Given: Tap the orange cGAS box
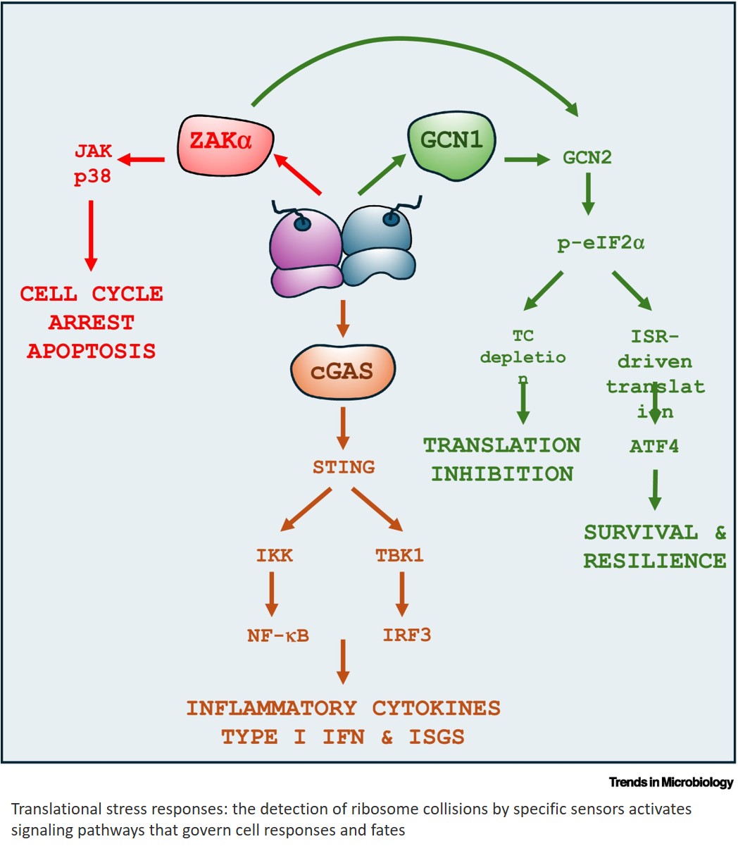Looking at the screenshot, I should click(343, 371).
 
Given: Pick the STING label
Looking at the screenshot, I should click(344, 466).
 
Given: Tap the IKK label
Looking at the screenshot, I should click(274, 555).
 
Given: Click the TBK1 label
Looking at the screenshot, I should click(399, 555).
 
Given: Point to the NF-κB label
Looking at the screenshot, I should click(277, 635).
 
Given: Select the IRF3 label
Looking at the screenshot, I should click(406, 635).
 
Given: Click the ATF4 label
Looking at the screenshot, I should click(654, 446).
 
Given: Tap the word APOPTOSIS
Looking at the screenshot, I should click(92, 351).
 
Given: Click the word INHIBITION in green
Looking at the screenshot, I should click(502, 474).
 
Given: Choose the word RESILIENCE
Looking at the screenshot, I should click(654, 561).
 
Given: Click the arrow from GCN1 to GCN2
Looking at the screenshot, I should click(527, 160).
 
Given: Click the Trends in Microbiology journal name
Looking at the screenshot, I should click(670, 783).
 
